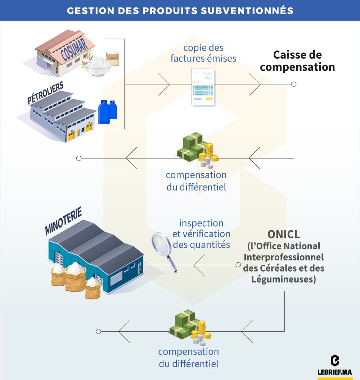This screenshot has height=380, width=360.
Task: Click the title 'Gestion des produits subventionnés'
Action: pyautogui.click(x=180, y=10)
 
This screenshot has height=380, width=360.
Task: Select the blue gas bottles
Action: pyautogui.click(x=107, y=111)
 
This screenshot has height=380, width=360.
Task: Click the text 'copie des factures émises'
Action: pyautogui.click(x=203, y=53)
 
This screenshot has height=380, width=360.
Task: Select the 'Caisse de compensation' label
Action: pyautogui.click(x=297, y=61)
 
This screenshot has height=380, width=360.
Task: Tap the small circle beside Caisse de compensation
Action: pyautogui.click(x=293, y=84)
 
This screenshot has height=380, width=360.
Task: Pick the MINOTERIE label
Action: pyautogui.click(x=63, y=220)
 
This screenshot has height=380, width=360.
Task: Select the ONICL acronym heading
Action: pyautogui.click(x=284, y=234)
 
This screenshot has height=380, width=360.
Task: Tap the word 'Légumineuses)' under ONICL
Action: pyautogui.click(x=284, y=279)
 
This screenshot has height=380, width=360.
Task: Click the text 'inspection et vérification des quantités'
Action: pyautogui.click(x=201, y=233)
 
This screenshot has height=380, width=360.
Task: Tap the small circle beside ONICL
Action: pyautogui.click(x=238, y=265)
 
